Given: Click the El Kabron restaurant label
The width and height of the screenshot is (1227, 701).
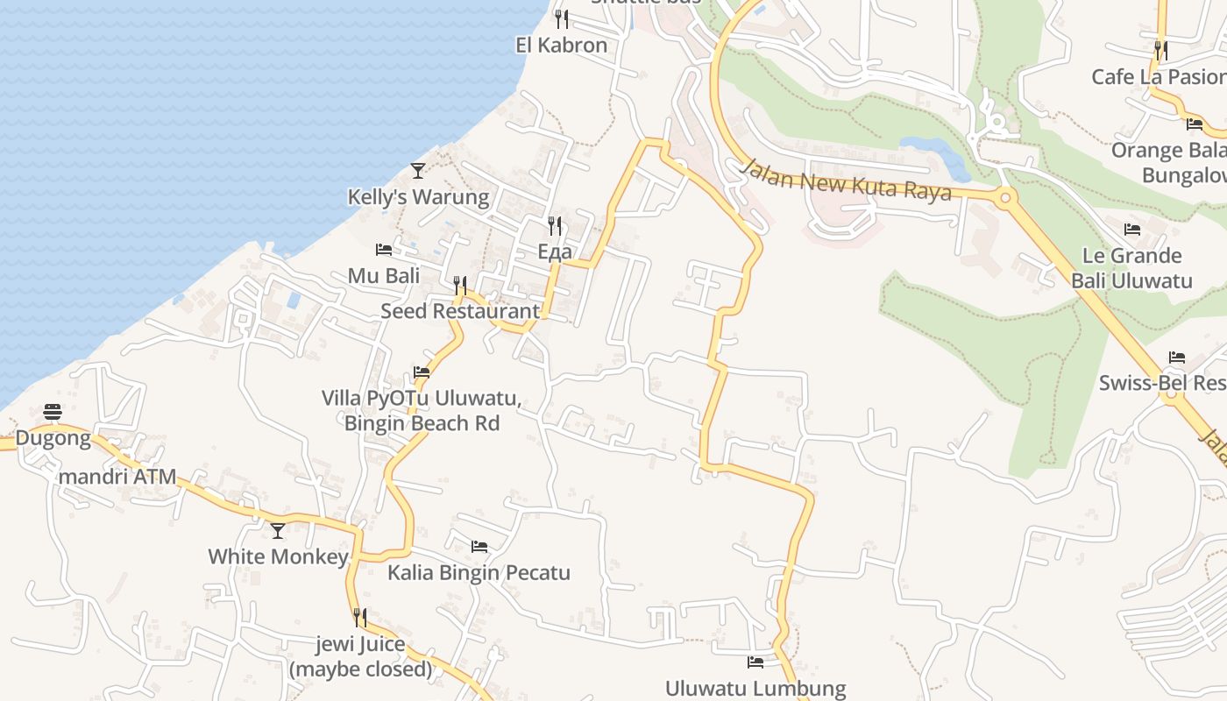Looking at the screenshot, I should pos(561,46).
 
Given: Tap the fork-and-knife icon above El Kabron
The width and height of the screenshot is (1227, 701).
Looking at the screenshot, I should pos(562,18).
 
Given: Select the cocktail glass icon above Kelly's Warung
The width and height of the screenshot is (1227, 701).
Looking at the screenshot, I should pos(418,170).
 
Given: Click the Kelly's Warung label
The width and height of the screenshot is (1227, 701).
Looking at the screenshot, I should pos(419,196).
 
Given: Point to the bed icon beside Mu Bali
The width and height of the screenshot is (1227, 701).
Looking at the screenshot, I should pos(384,250).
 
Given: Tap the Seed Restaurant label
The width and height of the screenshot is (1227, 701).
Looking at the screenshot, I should pos(460,311).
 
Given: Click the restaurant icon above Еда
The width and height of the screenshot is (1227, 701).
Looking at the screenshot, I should pos(555,226).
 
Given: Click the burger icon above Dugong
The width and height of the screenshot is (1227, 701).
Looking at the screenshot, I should pos(53,412).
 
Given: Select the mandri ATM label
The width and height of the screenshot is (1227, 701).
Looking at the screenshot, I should pos(117,478).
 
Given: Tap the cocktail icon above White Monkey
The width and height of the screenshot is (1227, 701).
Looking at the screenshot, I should pos(278,530).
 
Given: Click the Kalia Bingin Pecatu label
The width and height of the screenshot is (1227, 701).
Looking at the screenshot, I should pos(479,573).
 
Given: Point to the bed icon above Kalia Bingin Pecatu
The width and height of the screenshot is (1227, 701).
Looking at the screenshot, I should pos(479,547).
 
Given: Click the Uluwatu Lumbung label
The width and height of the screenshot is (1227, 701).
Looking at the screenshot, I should pos(755,689).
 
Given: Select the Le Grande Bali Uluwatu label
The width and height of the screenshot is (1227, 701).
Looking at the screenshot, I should pos(1131,268).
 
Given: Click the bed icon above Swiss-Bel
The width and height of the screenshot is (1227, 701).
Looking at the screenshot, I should pos(1177,358).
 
